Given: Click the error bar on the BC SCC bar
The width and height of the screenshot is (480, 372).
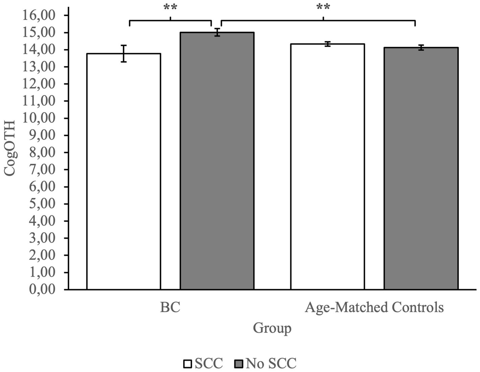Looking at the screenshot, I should click(124, 53).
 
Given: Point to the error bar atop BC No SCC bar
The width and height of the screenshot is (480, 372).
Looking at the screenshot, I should click(217, 32).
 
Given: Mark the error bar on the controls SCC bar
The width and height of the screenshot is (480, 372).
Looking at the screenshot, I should click(327, 44).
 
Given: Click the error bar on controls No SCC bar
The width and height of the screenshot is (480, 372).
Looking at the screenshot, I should click(421, 48).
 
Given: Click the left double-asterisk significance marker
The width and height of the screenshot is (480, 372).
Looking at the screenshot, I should click(170, 7).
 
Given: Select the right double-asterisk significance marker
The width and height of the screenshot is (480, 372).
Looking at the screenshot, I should click(323, 7).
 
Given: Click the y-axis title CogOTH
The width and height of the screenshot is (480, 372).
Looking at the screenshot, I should click(10, 148).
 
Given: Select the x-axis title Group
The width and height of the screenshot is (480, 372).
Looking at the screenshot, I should click(272, 328).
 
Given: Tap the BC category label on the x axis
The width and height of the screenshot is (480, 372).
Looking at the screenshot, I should click(170, 308).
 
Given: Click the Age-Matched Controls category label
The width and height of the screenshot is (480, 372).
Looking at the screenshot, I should click(374, 308).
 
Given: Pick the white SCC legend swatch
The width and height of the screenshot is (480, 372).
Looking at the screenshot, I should click(188, 364).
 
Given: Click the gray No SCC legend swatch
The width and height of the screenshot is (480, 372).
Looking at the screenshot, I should click(239, 364).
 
